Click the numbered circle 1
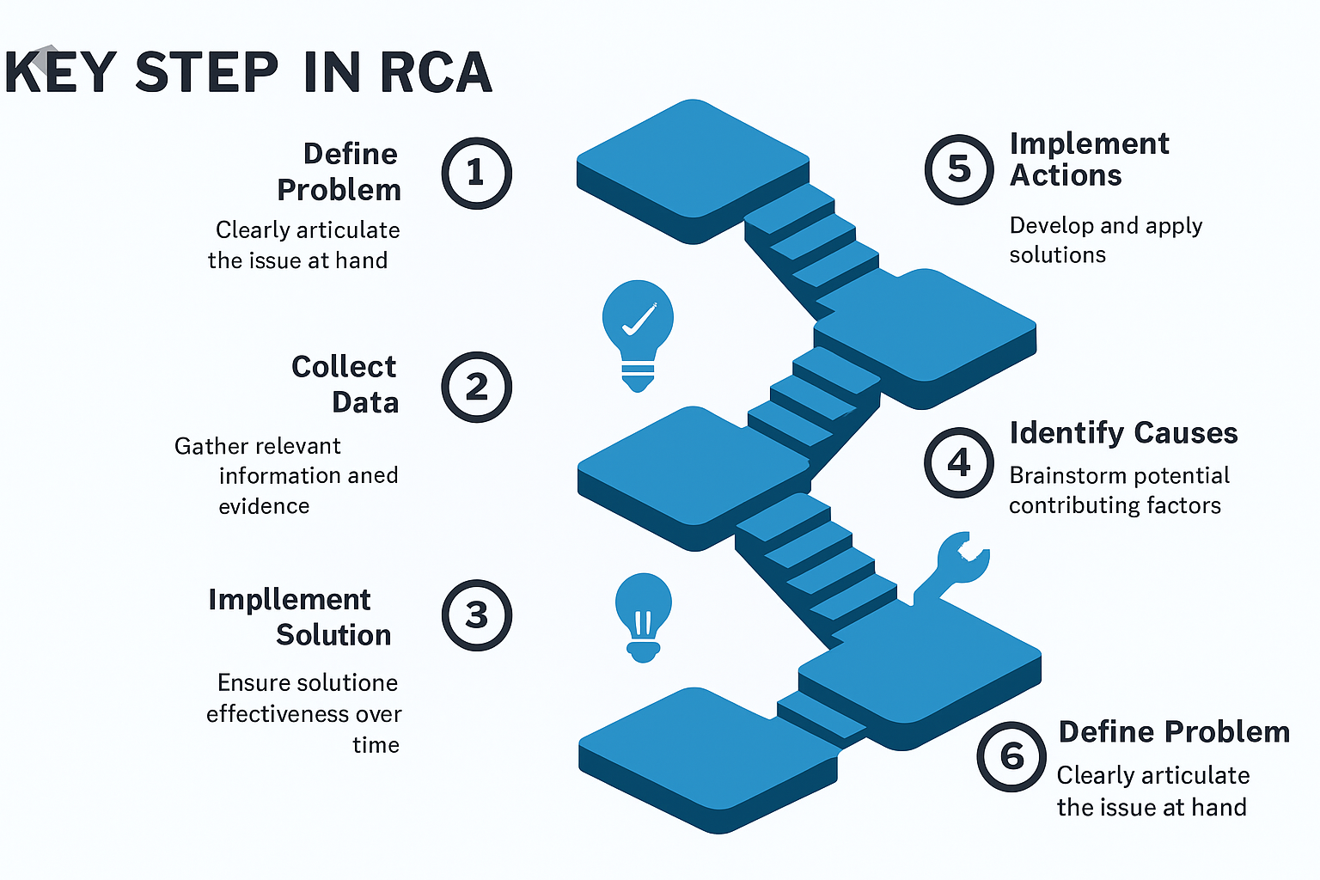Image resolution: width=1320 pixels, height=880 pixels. (x=476, y=173)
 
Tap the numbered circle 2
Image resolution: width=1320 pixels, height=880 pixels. (x=476, y=387)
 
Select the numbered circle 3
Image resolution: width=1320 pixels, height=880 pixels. (x=476, y=615)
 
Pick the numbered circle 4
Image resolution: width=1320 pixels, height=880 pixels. (x=959, y=463)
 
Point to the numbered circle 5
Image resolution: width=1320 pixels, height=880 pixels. (x=959, y=169)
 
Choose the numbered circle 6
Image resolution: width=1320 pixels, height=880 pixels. (x=1011, y=756)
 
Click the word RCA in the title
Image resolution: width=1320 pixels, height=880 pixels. (x=435, y=72)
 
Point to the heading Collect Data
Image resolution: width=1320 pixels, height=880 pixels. (x=345, y=384)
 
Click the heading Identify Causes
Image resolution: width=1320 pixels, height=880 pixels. (x=1123, y=433)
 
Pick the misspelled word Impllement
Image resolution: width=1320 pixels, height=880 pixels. (x=289, y=599)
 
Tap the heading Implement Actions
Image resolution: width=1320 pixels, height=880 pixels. (x=1089, y=159)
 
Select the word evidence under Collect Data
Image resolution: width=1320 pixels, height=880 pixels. (x=264, y=506)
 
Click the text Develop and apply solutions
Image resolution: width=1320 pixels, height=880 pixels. (x=1105, y=240)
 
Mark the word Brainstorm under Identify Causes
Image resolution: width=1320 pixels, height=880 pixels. (x=1061, y=475)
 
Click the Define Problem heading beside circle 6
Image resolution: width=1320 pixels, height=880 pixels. (x=1174, y=731)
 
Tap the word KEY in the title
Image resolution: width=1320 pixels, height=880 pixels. (x=60, y=72)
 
